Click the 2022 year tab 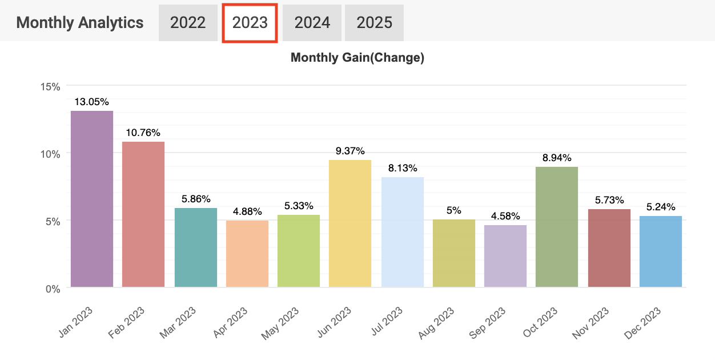(188, 23)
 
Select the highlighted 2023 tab (250, 23)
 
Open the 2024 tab (312, 23)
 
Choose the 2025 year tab (374, 23)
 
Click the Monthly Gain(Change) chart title (357, 58)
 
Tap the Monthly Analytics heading (80, 23)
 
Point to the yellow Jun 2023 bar (350, 223)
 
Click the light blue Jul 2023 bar (403, 232)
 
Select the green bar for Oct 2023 (557, 227)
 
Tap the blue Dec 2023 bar (661, 251)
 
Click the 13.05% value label (91, 102)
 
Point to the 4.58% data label (505, 216)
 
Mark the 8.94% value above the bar (557, 158)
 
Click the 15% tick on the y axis (50, 86)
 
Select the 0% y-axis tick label (53, 289)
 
